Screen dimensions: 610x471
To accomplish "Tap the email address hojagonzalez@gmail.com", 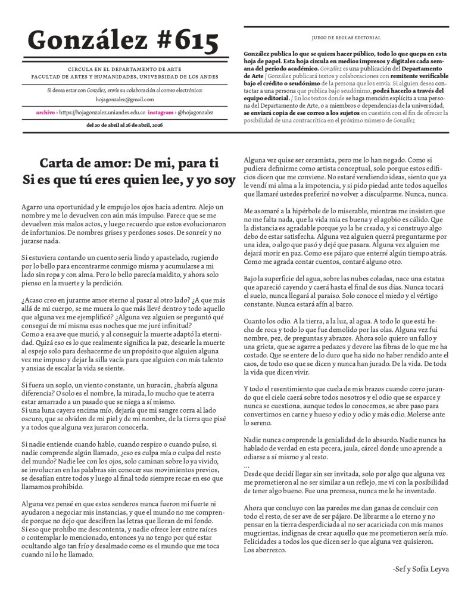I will pyautogui.click(x=124, y=99).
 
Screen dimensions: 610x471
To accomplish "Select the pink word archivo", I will pyautogui.click(x=45, y=112).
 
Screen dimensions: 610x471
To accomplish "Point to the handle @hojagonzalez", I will pyautogui.click(x=195, y=112).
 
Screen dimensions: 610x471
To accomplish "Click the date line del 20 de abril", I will pyautogui.click(x=124, y=125).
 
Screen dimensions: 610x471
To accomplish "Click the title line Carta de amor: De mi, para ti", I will pyautogui.click(x=129, y=163).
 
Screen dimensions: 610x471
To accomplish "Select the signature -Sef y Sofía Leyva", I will pyautogui.click(x=421, y=569).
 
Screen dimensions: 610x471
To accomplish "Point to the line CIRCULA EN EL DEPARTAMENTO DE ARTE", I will pyautogui.click(x=124, y=70).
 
